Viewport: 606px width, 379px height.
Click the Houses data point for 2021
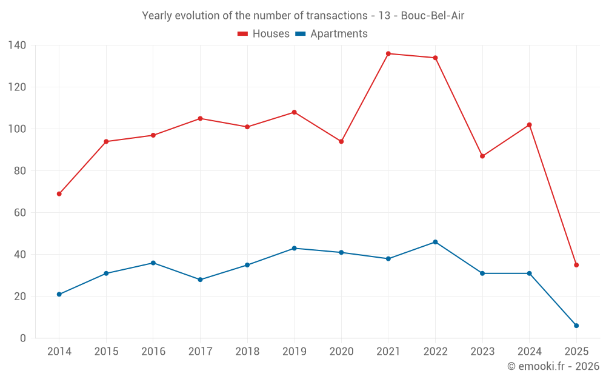tap(388, 54)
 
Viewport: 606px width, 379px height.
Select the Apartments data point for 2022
tap(435, 242)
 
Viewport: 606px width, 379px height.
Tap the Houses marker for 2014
tap(59, 194)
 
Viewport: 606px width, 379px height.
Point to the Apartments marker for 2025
tap(576, 326)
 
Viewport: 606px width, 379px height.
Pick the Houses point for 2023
tap(482, 156)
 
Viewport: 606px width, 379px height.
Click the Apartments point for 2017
tap(200, 280)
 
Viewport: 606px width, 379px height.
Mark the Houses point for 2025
tap(576, 265)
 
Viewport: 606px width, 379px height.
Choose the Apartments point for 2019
tap(295, 248)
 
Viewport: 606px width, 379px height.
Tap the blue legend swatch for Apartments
tap(300, 34)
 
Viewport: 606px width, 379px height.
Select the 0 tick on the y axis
tap(23, 338)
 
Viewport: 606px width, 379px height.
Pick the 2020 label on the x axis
tap(341, 352)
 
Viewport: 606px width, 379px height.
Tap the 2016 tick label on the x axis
tap(153, 352)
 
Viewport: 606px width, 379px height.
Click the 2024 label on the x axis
tap(529, 352)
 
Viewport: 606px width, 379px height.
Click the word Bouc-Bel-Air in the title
tap(433, 16)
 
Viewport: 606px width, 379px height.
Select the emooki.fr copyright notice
tap(553, 366)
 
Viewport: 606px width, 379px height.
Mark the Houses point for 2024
tap(529, 125)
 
